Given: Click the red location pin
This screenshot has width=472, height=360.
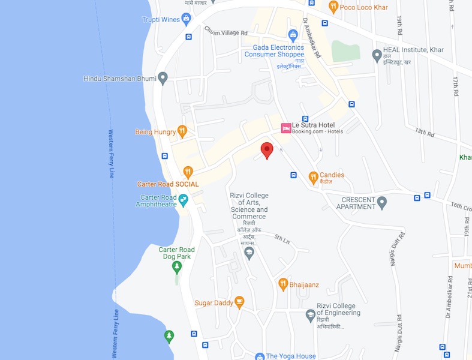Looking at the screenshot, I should tap(267, 150).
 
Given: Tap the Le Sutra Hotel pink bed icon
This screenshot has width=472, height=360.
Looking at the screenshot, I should tap(286, 128).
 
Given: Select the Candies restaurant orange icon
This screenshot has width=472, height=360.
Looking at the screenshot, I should tap(312, 176).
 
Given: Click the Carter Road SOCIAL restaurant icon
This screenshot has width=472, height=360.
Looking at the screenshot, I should tap(188, 173).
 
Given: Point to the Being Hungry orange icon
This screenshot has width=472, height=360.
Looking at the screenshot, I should tap(182, 131).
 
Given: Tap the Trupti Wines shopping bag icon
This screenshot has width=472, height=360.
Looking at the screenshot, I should tap(187, 19).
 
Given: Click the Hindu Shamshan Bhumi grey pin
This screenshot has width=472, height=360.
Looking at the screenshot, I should tap(163, 78).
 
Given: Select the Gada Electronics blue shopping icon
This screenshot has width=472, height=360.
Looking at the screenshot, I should tap(293, 35).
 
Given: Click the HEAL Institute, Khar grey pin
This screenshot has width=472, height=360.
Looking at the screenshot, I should tap(377, 56).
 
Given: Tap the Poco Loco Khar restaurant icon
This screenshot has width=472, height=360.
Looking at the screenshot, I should tap(333, 7).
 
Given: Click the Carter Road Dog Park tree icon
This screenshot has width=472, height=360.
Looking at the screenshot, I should tap(176, 266).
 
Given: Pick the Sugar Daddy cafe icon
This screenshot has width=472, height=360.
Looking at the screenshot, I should tap(239, 302).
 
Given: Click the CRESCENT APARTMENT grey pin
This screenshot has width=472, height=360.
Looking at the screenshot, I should tap(382, 203).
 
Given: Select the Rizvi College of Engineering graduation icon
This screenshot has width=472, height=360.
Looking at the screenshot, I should tap(310, 314).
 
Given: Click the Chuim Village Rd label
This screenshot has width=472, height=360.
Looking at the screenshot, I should tap(226, 31).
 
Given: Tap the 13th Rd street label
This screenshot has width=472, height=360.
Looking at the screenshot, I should tap(424, 132).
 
